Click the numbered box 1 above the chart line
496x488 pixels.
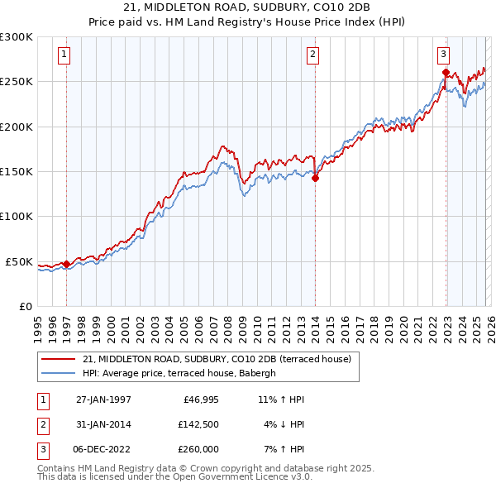point(64,55)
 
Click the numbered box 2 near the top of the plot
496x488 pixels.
point(313,55)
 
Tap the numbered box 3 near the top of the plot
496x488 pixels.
point(443,55)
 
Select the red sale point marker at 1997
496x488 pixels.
point(67,265)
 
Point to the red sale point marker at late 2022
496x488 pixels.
point(446,73)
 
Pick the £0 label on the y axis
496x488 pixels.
point(24,306)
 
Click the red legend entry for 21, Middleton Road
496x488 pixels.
point(217,359)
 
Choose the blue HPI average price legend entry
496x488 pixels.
point(184,373)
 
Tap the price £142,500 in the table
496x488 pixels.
point(198,424)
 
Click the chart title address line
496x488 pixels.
point(248,8)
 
